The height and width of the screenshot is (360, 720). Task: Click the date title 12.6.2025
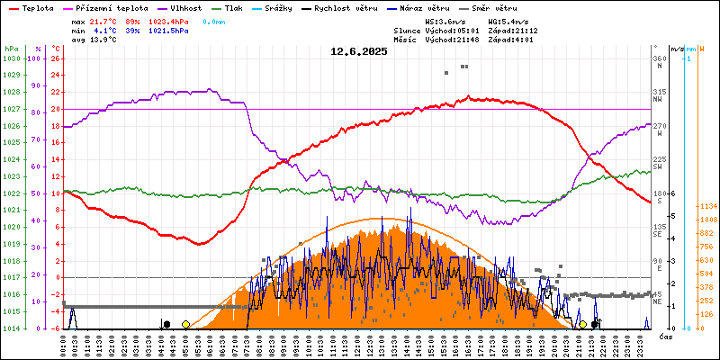click(359, 51)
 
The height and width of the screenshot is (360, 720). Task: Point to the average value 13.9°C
click(104, 40)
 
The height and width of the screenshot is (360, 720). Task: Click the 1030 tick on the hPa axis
click(11, 58)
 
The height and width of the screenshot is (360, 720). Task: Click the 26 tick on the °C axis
click(56, 58)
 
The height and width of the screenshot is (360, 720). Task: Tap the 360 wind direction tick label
click(657, 58)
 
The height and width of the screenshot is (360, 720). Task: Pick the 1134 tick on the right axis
click(706, 205)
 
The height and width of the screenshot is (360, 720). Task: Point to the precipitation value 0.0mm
click(213, 20)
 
